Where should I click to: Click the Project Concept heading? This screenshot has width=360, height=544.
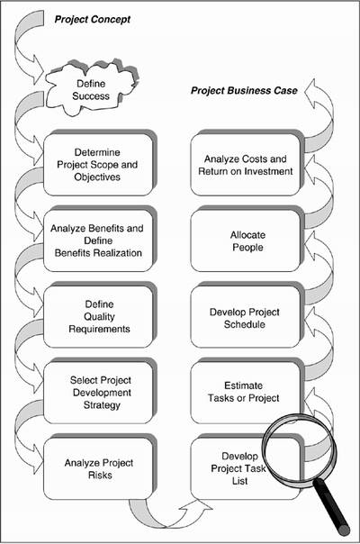coord(93,20)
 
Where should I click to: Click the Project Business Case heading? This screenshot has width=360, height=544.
coord(244,91)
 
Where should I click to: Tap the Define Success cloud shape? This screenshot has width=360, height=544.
coord(92,87)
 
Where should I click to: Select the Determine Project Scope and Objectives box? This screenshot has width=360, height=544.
coord(98,165)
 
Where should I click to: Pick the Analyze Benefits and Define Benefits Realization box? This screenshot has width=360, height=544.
coord(98,240)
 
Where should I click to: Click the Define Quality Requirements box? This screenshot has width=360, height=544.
coord(98,316)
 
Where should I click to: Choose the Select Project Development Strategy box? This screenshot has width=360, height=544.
coord(98,393)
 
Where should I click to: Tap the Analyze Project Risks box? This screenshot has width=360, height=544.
coord(98,468)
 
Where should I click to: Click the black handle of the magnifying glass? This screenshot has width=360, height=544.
coord(332,507)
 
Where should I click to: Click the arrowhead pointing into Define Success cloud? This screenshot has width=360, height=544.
coord(38,69)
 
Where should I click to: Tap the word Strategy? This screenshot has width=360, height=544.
coord(102,405)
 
